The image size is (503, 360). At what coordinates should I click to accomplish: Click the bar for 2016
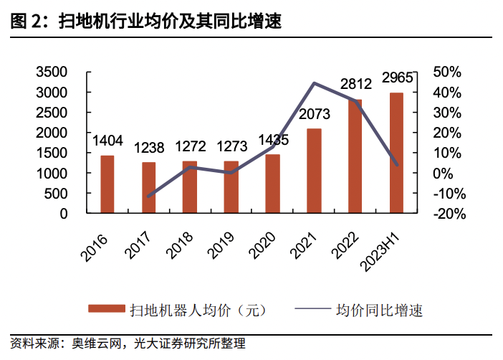(x=107, y=184)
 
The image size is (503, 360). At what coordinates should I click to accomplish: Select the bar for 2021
(x=314, y=171)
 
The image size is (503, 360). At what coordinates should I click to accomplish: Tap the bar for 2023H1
(x=396, y=153)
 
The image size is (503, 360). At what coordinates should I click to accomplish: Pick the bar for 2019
(x=231, y=187)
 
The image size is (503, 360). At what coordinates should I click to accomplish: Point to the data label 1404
(x=107, y=141)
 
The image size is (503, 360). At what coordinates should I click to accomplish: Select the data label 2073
(x=313, y=113)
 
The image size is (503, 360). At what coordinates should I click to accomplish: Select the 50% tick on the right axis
(x=448, y=72)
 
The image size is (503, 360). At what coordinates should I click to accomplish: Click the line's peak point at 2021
(x=314, y=83)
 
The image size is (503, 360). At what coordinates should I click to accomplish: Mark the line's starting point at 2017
(x=148, y=196)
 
